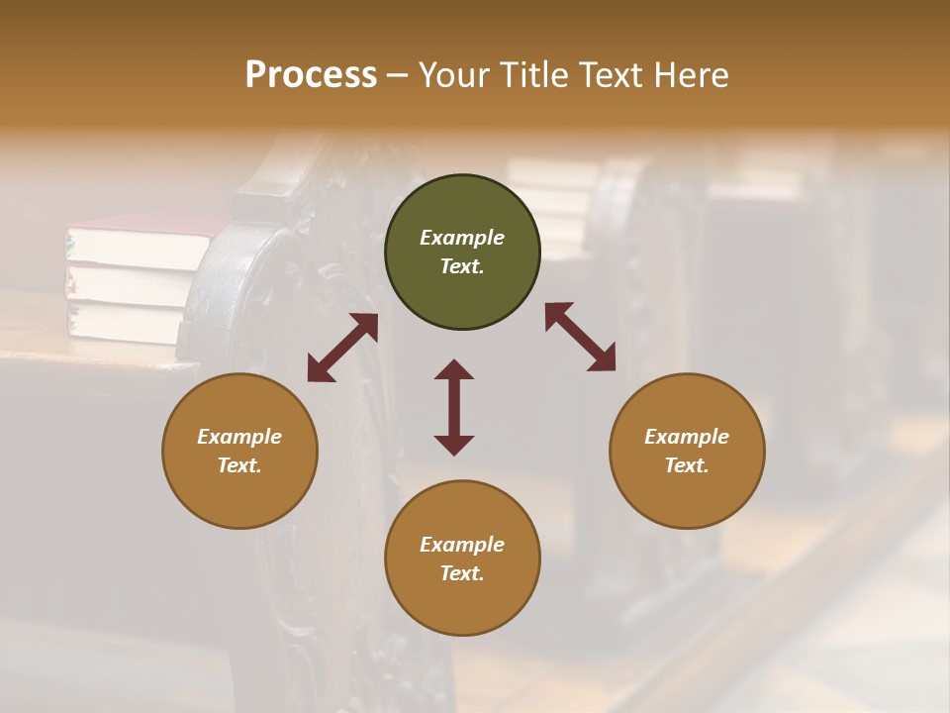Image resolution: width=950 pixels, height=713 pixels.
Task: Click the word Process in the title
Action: click(x=311, y=75)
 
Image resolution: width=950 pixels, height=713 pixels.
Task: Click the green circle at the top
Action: click(x=462, y=253)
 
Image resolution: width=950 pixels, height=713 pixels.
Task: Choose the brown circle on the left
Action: click(x=239, y=451)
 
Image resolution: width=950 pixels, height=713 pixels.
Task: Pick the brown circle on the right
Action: click(x=687, y=451)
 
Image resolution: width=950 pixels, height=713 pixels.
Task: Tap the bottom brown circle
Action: click(x=462, y=559)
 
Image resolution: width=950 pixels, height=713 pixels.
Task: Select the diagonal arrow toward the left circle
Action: click(x=342, y=348)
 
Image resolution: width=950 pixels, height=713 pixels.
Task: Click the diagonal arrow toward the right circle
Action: click(x=580, y=337)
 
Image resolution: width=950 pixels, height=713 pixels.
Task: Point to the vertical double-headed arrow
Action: click(x=454, y=407)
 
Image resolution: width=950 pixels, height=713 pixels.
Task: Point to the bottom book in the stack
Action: click(x=124, y=322)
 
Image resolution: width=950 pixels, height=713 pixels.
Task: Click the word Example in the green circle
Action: click(x=462, y=238)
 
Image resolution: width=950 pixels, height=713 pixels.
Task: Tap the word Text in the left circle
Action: click(x=239, y=465)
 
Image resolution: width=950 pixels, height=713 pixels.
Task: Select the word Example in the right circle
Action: click(x=687, y=437)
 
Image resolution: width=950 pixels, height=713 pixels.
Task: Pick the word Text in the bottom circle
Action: click(x=462, y=573)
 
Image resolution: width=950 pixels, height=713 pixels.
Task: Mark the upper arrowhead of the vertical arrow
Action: click(x=454, y=370)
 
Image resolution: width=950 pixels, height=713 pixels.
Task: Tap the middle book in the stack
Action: click(x=129, y=283)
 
